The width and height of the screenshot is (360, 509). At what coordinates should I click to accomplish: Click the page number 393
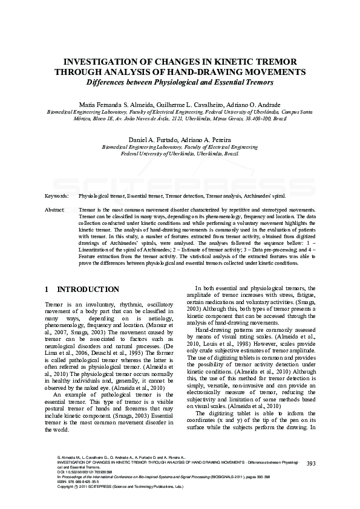312,464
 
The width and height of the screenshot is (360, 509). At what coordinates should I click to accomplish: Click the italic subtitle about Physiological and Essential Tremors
180,82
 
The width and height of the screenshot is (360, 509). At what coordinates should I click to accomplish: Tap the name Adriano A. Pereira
206,140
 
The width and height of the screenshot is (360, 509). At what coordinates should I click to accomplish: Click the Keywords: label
56,196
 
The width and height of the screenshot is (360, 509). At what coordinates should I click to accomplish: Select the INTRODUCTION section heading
88,290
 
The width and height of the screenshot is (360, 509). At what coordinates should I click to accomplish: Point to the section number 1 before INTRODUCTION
48,290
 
